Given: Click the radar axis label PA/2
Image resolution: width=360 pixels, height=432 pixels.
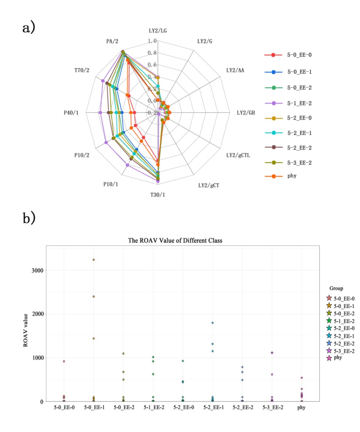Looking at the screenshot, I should (x=112, y=41).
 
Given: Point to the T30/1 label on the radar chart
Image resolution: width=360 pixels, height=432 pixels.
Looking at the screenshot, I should (x=157, y=195).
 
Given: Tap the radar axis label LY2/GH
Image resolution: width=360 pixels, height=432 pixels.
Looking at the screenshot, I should (x=246, y=113).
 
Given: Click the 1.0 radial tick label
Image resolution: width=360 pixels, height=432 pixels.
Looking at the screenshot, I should (x=152, y=41).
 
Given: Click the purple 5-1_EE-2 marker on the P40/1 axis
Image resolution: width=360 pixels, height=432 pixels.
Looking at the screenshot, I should (x=101, y=113).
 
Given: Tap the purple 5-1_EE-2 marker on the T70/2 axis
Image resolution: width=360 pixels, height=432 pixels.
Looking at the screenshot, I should (x=103, y=81).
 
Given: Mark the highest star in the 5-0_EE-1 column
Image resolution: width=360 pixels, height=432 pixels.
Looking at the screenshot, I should (x=94, y=260).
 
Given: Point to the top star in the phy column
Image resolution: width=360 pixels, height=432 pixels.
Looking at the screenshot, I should (x=302, y=378).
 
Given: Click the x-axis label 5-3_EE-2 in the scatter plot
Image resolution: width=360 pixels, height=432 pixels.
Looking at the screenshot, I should (x=272, y=408).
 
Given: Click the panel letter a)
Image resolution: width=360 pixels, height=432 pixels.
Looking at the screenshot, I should (x=29, y=28).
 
